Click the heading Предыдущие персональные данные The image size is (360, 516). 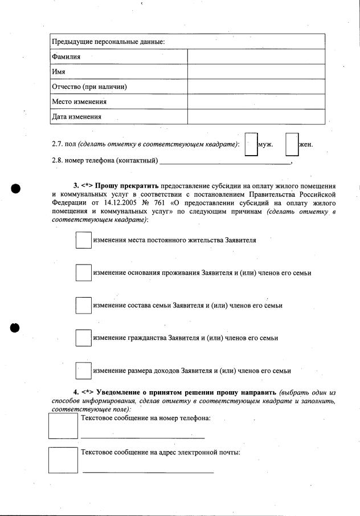click(108, 42)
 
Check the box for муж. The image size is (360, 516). click(251, 144)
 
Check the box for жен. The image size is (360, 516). click(292, 144)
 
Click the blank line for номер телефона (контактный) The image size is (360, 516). click(225, 161)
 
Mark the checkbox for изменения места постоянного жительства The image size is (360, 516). click(84, 240)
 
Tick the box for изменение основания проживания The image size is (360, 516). click(84, 273)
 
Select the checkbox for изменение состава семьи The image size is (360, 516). click(84, 305)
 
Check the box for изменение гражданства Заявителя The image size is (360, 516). click(84, 338)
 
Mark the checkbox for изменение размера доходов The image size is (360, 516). click(84, 371)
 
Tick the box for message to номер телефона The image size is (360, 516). click(63, 425)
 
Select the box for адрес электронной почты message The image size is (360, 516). click(63, 460)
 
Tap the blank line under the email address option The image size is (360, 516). click(148, 471)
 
